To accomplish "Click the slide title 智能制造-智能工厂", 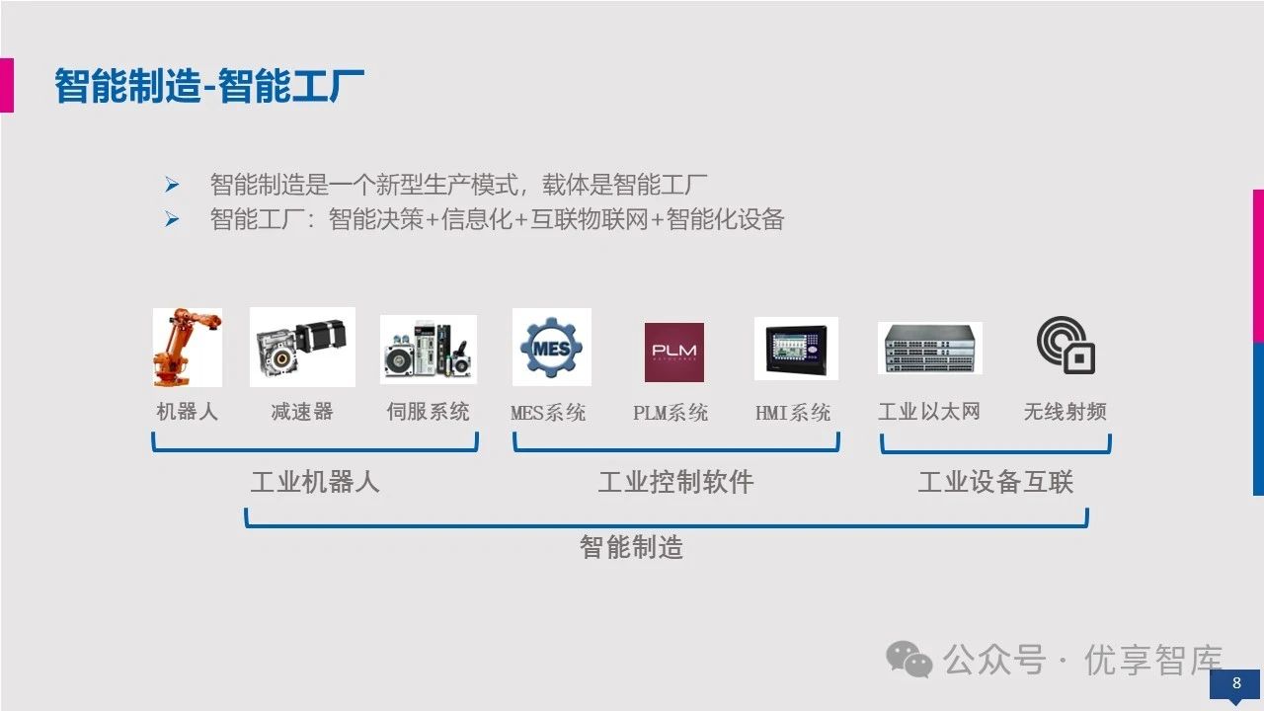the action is [x=209, y=86].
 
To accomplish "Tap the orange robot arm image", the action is [x=187, y=347].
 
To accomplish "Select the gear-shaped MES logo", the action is [x=551, y=347].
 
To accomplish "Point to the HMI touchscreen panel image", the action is [x=796, y=349].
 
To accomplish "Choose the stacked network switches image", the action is [x=929, y=348].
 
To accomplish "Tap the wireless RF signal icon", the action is [x=1066, y=346].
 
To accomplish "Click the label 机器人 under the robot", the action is [x=187, y=412].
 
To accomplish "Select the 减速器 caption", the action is [x=302, y=412].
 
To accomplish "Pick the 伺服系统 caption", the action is [x=428, y=412].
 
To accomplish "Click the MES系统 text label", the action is [x=548, y=413].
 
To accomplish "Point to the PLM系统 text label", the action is [x=671, y=413].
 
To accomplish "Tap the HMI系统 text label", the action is [x=793, y=413].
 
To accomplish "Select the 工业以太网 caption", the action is [x=929, y=412].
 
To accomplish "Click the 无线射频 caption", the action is [x=1066, y=412].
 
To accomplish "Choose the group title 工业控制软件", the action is [x=675, y=482].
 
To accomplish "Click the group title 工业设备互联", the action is [x=995, y=482].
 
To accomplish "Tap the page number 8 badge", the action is [x=1235, y=683].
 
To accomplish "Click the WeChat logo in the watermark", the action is [x=908, y=659].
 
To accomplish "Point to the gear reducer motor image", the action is [x=302, y=347].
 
